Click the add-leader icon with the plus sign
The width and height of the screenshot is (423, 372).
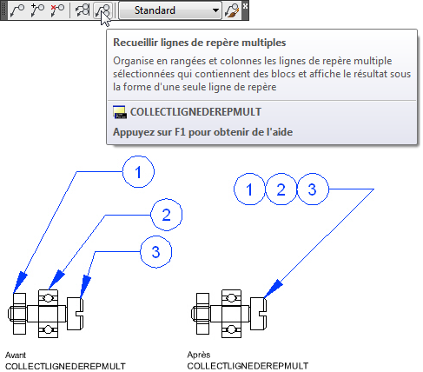tap(37, 10)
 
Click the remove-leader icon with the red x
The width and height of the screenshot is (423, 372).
tap(57, 10)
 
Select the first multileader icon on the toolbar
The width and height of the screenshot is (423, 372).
tap(17, 10)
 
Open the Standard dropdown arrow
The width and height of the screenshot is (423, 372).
tap(215, 10)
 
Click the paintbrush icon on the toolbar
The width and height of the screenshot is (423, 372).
tap(232, 10)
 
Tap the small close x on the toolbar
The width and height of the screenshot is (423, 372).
tap(245, 6)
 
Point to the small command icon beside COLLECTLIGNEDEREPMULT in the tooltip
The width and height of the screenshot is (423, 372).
tap(120, 112)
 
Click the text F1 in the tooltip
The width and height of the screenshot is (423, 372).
tap(180, 132)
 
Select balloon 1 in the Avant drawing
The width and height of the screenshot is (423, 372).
tap(138, 172)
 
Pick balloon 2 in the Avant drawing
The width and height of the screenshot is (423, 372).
tap(167, 215)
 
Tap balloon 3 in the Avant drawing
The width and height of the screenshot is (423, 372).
tap(156, 252)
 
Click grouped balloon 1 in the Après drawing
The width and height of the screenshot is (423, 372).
tap(249, 189)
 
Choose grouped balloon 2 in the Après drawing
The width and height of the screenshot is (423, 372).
tap(281, 189)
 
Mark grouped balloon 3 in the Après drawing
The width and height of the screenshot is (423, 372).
tap(313, 189)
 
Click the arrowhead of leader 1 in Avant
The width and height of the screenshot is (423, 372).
tap(20, 282)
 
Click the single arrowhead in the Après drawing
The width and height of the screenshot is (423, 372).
tap(273, 289)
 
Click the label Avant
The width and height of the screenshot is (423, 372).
tap(16, 355)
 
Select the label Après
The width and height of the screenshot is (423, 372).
tap(199, 355)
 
